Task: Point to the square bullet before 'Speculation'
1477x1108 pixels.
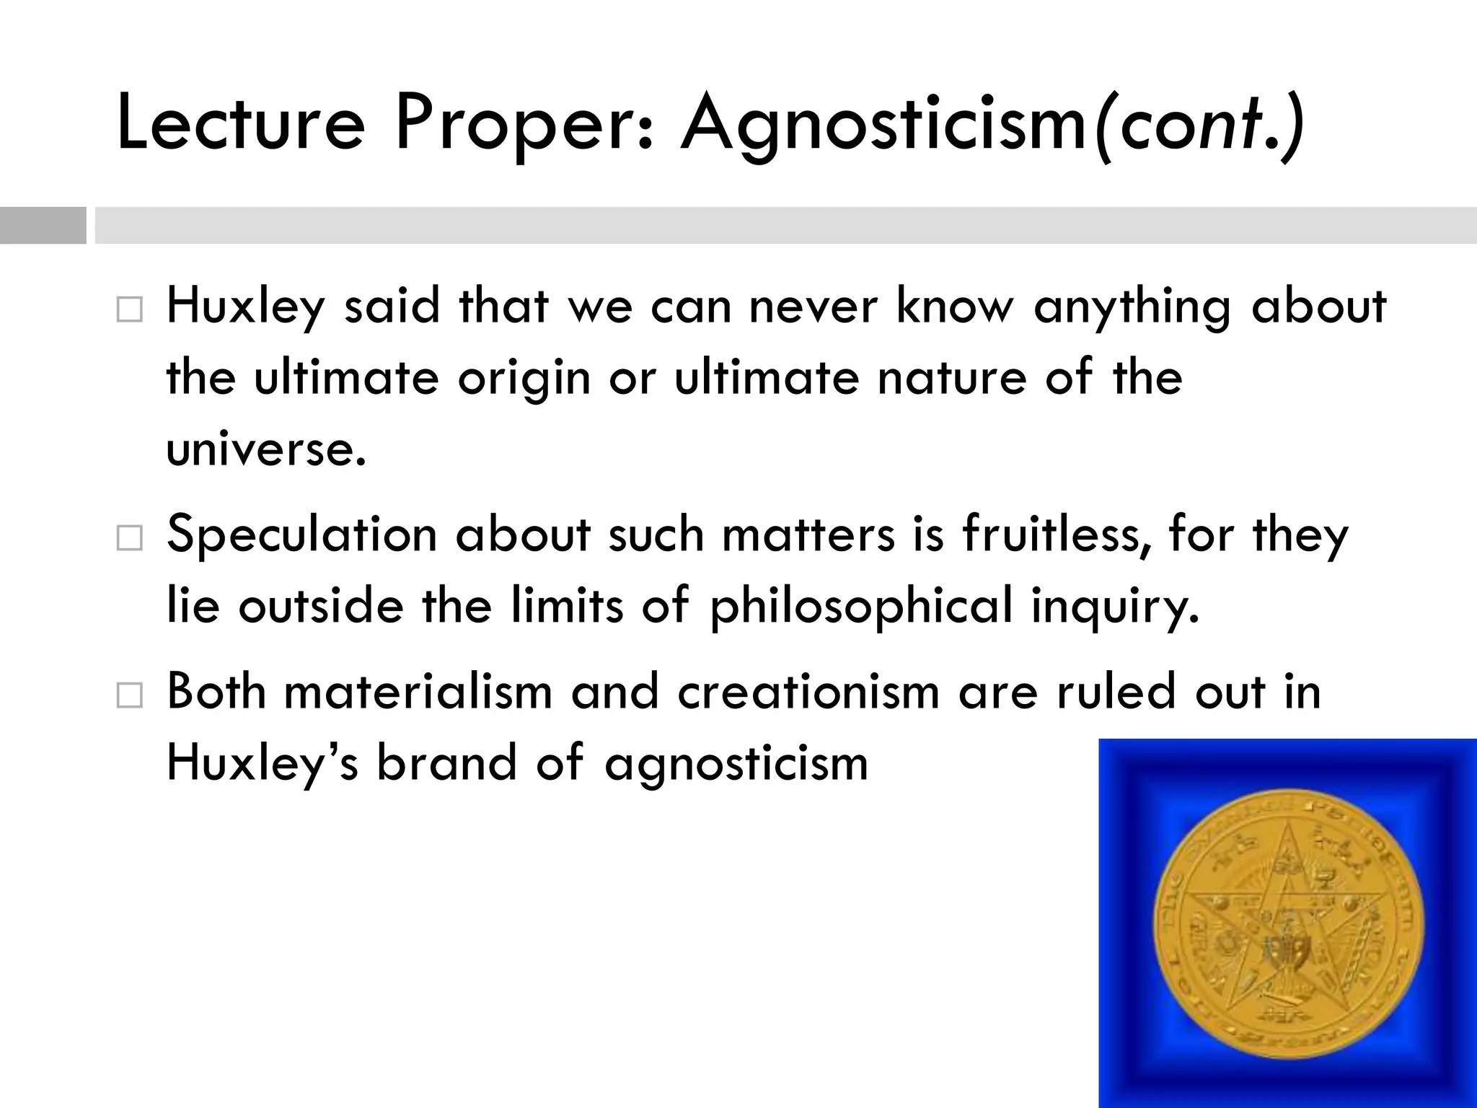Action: point(129,538)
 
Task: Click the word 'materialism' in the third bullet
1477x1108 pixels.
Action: point(418,691)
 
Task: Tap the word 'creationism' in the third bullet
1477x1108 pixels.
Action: point(808,691)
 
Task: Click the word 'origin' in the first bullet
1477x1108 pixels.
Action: point(524,379)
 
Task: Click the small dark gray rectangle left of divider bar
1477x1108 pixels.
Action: point(43,225)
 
